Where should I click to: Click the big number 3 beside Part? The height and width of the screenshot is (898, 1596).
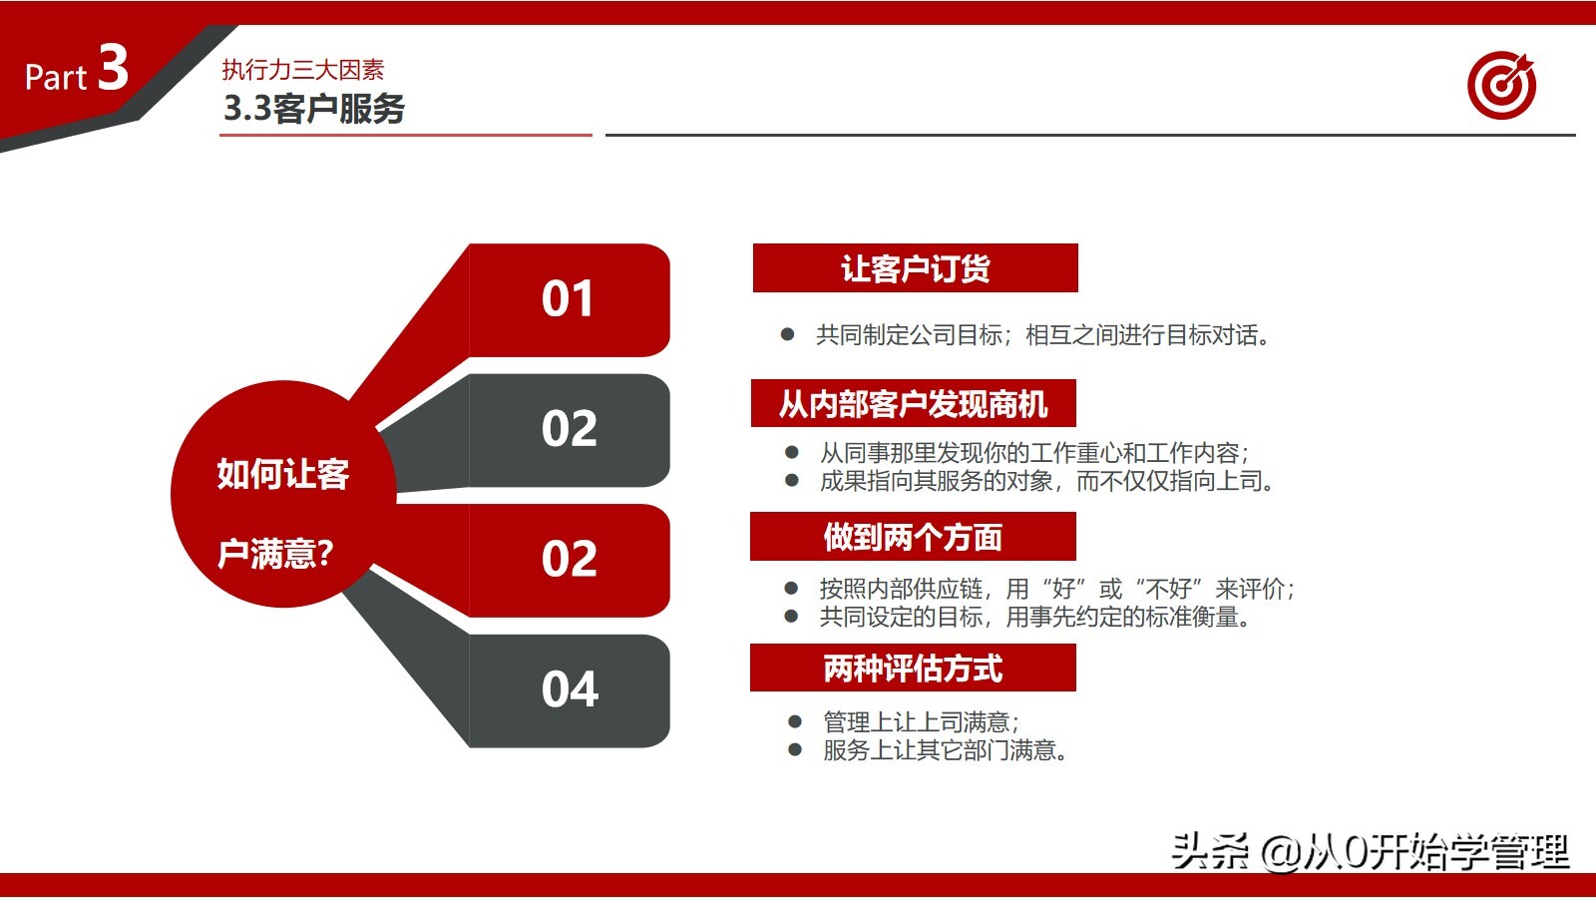[113, 68]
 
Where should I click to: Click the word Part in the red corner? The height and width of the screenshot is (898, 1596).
[56, 78]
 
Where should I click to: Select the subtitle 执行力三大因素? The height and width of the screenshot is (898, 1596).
[302, 70]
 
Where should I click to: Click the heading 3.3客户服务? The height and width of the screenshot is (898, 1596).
[314, 108]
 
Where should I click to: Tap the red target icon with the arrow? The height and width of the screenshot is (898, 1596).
[1501, 86]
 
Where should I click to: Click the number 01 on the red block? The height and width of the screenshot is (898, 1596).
[568, 299]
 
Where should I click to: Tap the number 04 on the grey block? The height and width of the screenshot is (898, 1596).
[570, 689]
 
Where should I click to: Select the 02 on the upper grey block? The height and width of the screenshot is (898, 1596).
[570, 429]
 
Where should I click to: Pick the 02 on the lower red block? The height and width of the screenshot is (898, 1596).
[570, 559]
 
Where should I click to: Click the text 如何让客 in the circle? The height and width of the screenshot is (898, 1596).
[282, 474]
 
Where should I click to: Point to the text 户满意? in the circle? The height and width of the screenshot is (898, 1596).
[275, 553]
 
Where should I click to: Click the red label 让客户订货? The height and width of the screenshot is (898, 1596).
[915, 268]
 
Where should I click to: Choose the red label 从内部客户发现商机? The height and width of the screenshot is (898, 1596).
[913, 404]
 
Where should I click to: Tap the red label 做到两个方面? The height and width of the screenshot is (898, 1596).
[913, 537]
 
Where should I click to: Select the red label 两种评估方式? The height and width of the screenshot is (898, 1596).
[913, 669]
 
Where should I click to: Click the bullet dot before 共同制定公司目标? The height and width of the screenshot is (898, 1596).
[787, 335]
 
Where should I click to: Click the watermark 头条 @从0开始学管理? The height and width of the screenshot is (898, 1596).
[1370, 851]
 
